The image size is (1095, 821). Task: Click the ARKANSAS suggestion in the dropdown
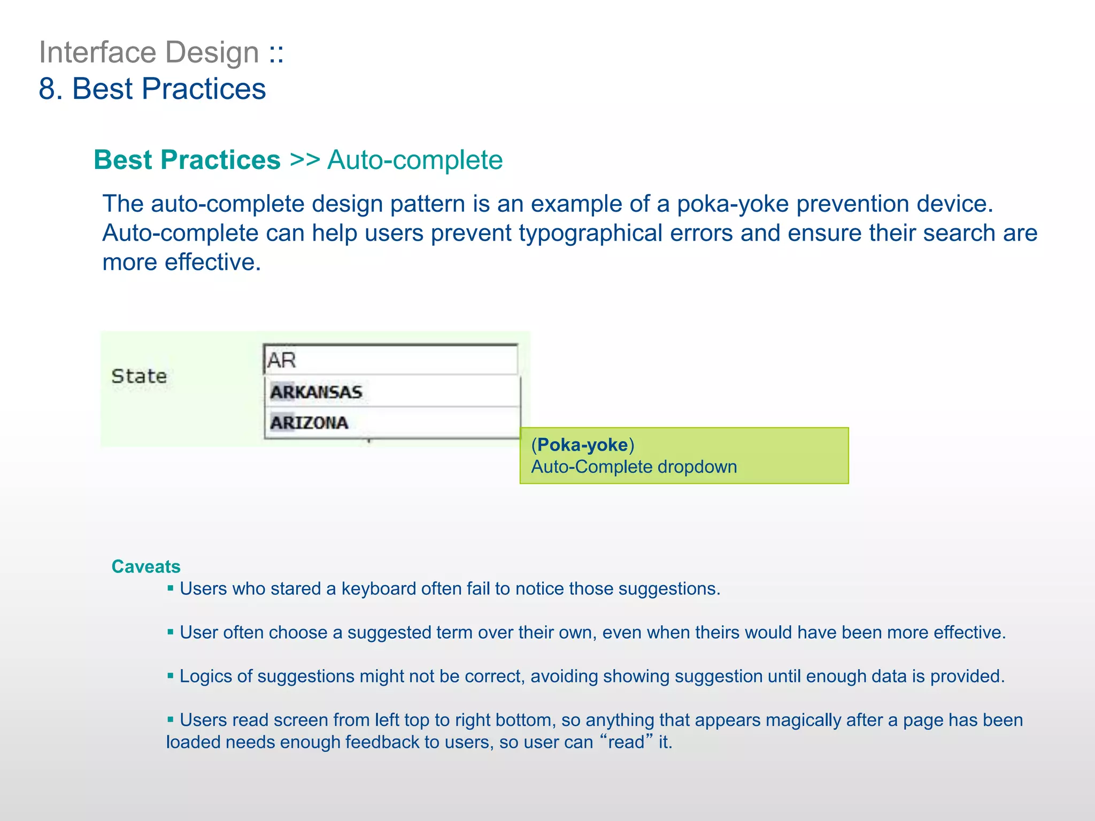tap(317, 392)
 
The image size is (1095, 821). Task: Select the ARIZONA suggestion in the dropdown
tap(310, 423)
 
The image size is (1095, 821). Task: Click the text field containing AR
tap(390, 360)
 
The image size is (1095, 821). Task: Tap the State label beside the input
tap(139, 376)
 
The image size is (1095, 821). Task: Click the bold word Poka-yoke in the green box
tap(582, 445)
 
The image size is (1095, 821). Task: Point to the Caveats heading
tap(146, 567)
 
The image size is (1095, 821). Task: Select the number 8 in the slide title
tap(47, 89)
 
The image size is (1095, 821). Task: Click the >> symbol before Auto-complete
tap(305, 160)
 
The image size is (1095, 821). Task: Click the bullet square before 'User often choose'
tap(171, 632)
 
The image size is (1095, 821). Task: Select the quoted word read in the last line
tap(626, 742)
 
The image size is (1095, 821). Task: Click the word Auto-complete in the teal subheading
tap(415, 160)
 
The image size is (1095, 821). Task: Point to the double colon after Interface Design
tap(276, 52)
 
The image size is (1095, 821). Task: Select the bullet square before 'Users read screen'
tap(171, 720)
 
